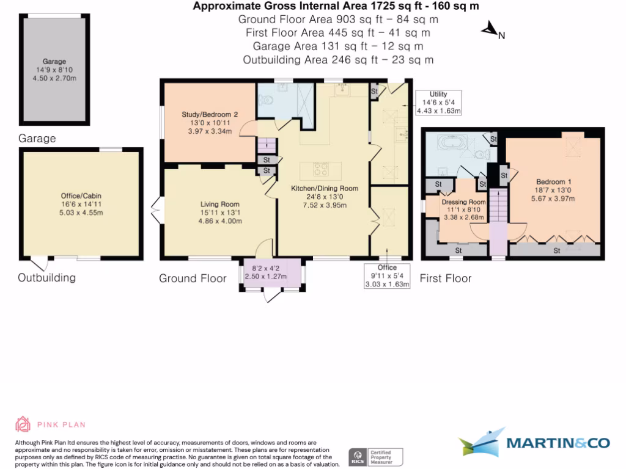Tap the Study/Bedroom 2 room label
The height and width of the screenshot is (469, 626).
(x=210, y=114)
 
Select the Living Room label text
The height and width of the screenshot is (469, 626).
(x=220, y=204)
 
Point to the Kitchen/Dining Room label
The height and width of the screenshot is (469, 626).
(x=325, y=188)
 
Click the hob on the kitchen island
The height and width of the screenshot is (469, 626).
(x=320, y=169)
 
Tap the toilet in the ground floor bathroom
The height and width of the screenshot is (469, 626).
(x=265, y=100)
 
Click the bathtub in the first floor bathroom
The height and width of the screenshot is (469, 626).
(x=452, y=142)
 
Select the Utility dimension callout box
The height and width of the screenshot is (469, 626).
(x=438, y=103)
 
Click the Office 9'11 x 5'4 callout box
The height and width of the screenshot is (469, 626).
(x=387, y=275)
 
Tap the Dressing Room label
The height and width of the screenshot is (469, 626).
(x=463, y=202)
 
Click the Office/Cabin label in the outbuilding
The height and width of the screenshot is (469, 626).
(x=81, y=196)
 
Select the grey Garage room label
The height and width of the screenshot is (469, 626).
(x=54, y=62)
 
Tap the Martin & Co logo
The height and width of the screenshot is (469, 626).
(x=534, y=442)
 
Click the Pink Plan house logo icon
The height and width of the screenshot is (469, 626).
(x=23, y=424)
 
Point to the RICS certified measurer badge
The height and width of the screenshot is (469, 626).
(x=376, y=457)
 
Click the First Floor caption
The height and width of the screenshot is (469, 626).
(x=446, y=278)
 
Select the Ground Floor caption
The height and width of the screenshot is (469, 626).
(x=193, y=278)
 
